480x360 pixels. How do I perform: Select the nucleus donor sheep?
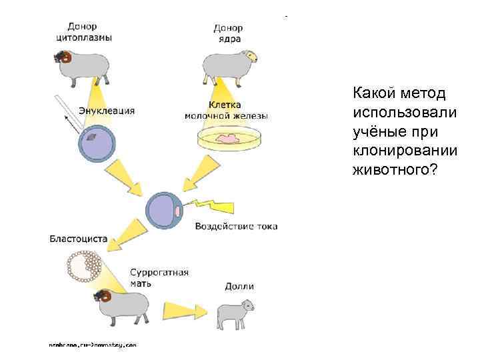pyautogui.click(x=227, y=65)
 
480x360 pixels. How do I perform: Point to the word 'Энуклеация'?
pyautogui.click(x=107, y=111)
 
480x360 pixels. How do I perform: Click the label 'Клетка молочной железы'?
pyautogui.click(x=227, y=111)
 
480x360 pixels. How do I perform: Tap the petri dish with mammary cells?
pyautogui.click(x=229, y=139)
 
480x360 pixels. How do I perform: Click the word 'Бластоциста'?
pyautogui.click(x=78, y=238)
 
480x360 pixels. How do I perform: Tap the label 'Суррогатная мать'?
pyautogui.click(x=159, y=277)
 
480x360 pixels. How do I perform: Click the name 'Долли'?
pyautogui.click(x=239, y=287)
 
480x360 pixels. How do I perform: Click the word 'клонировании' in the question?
pyautogui.click(x=405, y=150)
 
